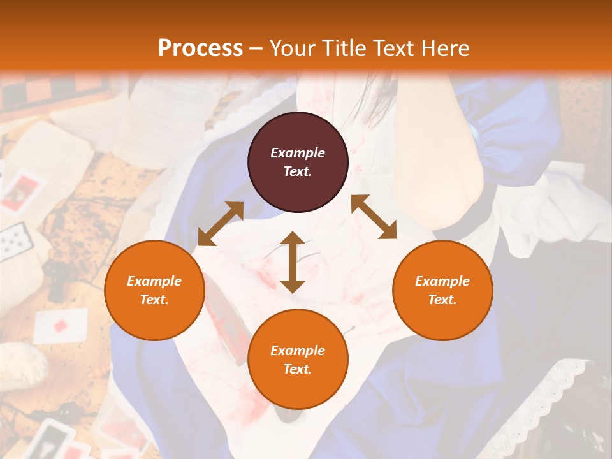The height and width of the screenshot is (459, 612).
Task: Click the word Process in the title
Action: pos(200,48)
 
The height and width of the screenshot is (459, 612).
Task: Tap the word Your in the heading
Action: pos(293,48)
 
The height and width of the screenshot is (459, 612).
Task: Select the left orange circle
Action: pos(154,290)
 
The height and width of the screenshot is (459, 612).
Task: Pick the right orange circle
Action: pos(442,290)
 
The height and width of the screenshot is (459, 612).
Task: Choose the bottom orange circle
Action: pos(298,360)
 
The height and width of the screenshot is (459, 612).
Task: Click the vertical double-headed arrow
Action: pos(293,262)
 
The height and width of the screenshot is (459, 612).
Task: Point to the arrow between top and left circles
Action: pos(221,224)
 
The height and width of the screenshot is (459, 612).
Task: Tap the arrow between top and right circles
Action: pos(374,217)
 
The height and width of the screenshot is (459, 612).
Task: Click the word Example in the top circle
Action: pos(298,153)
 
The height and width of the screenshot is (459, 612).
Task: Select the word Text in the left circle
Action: pos(154,300)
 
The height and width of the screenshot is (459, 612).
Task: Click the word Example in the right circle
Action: pos(442,281)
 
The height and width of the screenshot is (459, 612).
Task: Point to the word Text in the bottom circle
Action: pos(298,369)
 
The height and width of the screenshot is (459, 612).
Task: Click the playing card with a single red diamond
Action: pos(60,325)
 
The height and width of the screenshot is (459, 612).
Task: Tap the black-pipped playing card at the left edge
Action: pos(15,240)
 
